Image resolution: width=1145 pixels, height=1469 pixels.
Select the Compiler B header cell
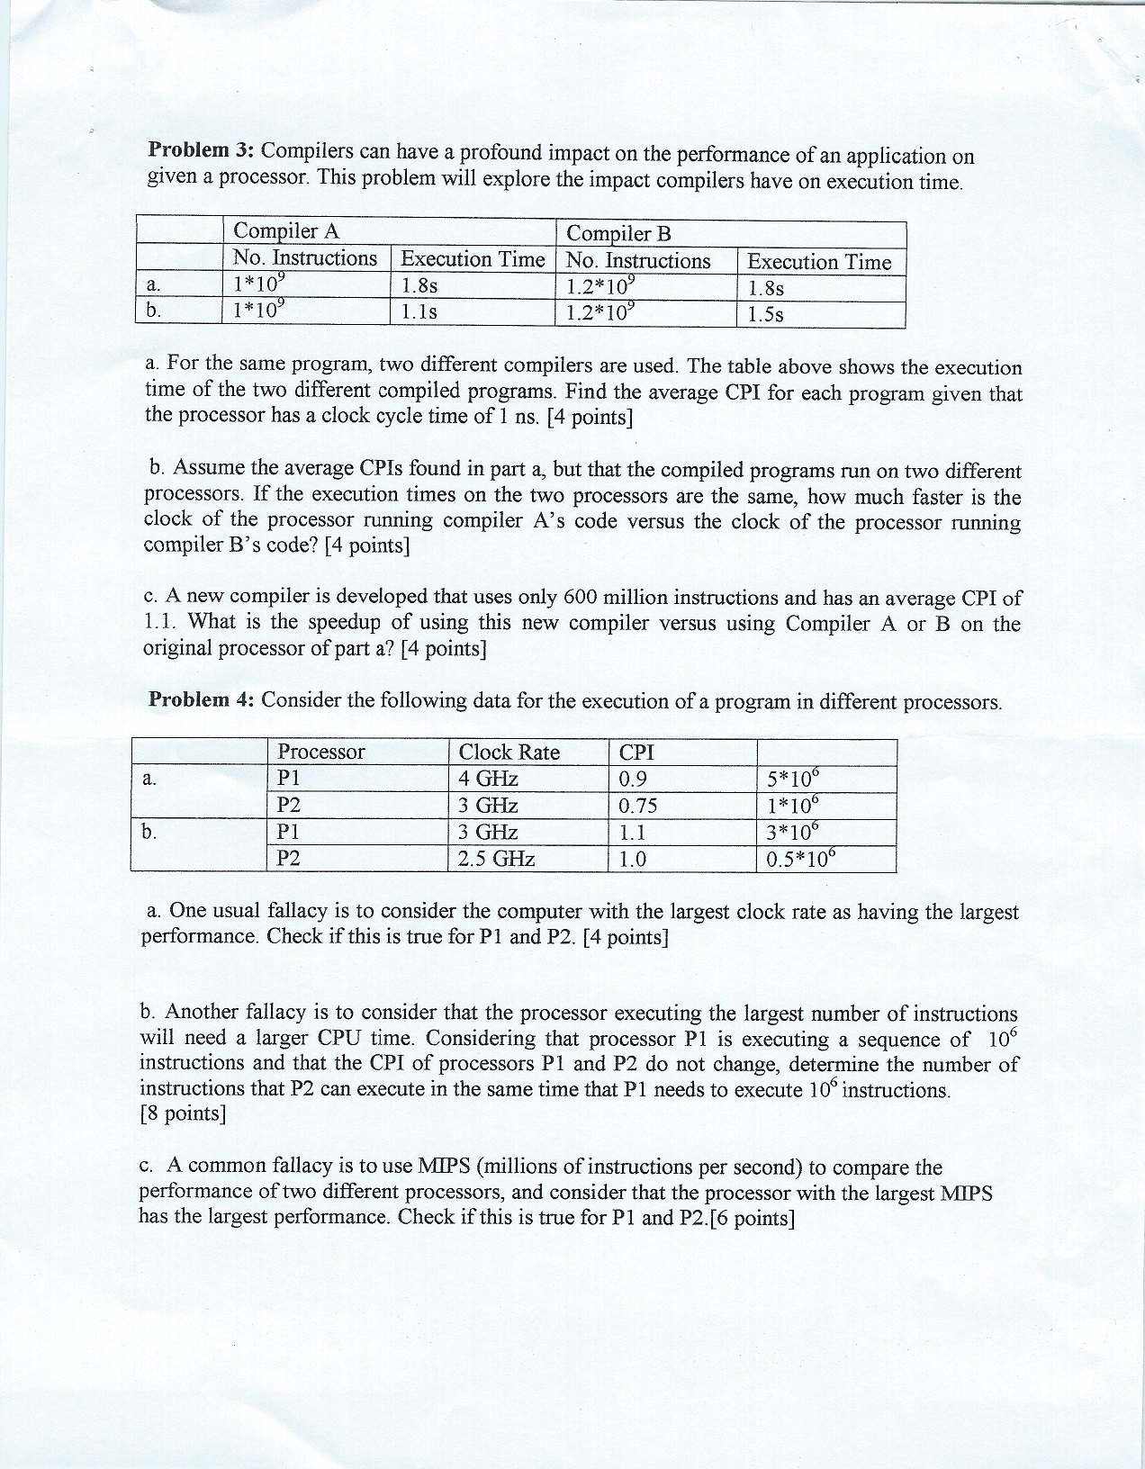[619, 234]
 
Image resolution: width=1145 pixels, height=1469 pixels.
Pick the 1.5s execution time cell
[766, 315]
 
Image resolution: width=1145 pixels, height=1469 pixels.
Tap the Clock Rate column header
[509, 753]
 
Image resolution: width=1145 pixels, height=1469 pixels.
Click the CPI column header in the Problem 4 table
[636, 753]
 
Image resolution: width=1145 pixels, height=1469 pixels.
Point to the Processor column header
[321, 752]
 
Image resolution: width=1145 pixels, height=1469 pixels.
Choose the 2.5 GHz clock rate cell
[497, 859]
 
